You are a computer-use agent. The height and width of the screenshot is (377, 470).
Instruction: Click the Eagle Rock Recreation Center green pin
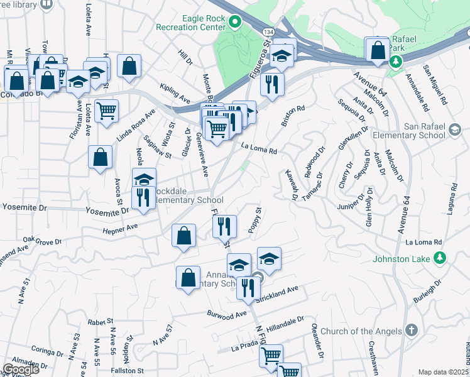click(235, 25)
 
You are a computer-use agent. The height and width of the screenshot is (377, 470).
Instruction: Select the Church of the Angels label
click(360, 331)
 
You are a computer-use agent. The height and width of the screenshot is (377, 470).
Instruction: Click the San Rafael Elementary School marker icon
click(455, 131)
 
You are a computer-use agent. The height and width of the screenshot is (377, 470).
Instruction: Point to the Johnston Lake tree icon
click(440, 256)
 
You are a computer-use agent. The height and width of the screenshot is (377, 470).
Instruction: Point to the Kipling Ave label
click(175, 94)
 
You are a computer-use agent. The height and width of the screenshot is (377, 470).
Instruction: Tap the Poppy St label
click(254, 220)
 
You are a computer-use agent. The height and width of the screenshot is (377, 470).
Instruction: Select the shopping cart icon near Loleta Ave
click(106, 110)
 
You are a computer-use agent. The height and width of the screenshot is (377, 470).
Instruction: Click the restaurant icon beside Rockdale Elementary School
click(143, 197)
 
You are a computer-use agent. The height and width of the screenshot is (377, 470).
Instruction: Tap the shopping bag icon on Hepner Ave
click(183, 236)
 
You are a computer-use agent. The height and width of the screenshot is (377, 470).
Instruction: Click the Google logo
click(21, 369)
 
